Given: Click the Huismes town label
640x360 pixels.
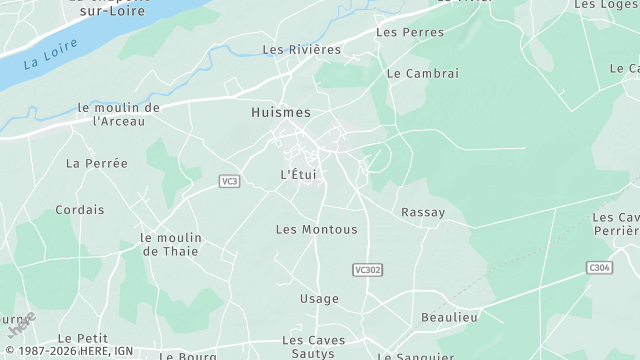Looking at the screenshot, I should point(281,113).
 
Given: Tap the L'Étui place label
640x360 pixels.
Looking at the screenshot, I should point(298,174).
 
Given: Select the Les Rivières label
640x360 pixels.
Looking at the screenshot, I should point(301,48).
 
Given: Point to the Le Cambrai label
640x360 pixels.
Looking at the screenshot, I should point(422,73).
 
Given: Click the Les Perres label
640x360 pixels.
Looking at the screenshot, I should point(403,32).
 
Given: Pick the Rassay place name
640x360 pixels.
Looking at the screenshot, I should point(422,212).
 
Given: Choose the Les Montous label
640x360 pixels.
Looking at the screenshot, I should point(316,229).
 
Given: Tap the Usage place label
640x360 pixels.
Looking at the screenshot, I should point(319,298).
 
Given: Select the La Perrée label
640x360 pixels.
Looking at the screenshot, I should point(97,162).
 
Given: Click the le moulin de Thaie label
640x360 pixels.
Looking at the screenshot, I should point(171,244).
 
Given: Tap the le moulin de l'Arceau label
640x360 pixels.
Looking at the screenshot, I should point(118,114).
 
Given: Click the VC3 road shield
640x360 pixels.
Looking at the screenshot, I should point(230,181).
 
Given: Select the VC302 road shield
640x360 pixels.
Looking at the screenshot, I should point(368,270).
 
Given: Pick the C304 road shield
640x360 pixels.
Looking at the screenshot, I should point(599,268).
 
